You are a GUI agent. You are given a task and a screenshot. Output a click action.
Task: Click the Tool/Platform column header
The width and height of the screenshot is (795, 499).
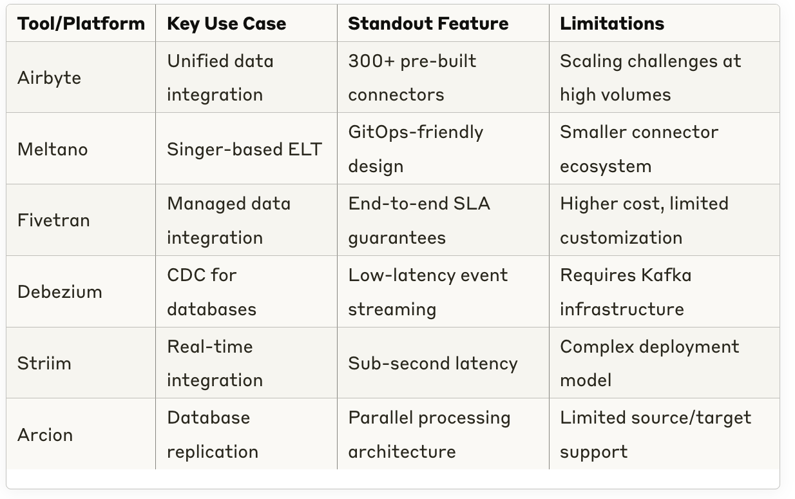pos(81,24)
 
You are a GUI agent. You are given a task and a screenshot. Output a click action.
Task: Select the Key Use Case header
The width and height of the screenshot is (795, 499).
pos(226,24)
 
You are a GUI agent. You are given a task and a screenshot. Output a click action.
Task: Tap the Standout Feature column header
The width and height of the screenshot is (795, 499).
pos(428,24)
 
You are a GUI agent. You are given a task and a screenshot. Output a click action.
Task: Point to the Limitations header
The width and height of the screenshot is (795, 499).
pos(612,24)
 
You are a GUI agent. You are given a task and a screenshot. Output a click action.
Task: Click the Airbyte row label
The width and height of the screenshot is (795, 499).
pos(49,78)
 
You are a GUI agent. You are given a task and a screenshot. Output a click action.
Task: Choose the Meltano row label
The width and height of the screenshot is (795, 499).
pos(53,149)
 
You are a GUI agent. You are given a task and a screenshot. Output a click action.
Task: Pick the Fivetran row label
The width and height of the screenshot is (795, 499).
pos(53,220)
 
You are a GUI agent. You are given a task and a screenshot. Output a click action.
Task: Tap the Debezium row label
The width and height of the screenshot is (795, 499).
pos(60,292)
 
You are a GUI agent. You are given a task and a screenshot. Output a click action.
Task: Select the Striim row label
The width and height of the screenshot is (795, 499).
pos(44,364)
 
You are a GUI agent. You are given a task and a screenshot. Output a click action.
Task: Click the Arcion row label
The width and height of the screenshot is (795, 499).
pos(45,435)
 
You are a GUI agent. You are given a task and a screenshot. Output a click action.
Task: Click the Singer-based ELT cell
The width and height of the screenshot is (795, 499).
pos(245,149)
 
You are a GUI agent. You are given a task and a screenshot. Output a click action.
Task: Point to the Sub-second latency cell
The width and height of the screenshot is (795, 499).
pos(433,364)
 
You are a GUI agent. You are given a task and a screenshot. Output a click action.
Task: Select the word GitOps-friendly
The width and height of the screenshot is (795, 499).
pos(416,132)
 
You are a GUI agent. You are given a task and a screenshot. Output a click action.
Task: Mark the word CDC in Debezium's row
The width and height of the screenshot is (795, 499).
pos(184,275)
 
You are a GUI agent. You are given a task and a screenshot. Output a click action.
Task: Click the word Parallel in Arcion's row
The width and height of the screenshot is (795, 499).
pos(379,418)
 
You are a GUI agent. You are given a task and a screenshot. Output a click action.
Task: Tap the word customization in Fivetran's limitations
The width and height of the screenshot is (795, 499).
pos(621,238)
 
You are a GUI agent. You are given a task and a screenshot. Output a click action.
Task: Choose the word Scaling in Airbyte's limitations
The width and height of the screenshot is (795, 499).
pos(591,61)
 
